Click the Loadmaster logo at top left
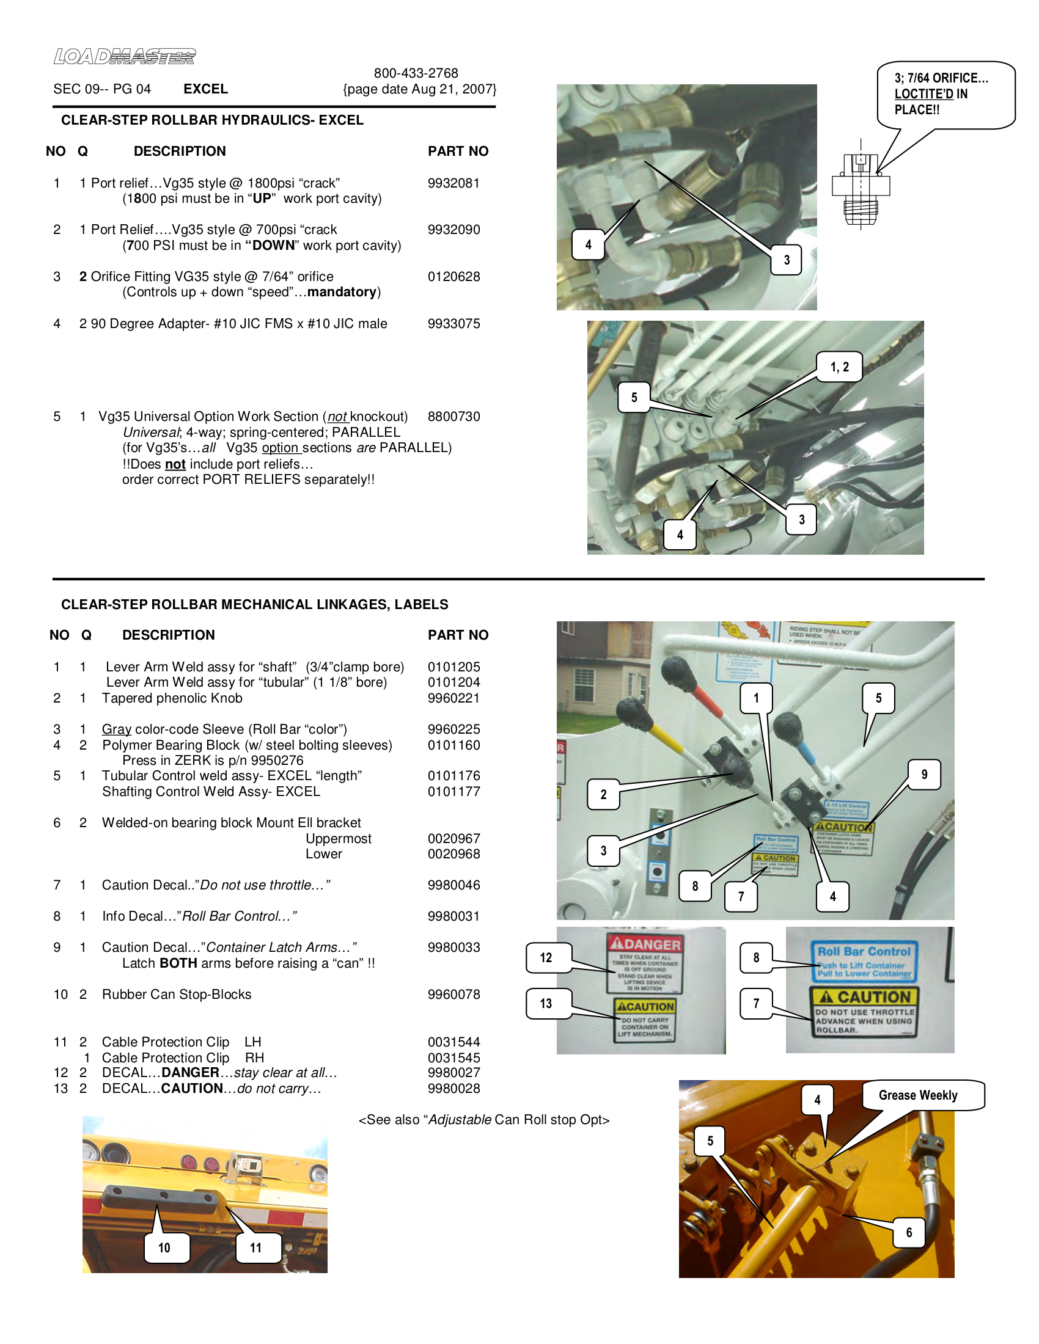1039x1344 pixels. (124, 57)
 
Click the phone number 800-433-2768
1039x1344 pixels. (416, 73)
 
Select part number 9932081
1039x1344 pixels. (453, 183)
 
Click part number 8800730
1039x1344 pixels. (453, 417)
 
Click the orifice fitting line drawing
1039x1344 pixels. (860, 187)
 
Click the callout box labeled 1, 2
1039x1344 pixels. (839, 367)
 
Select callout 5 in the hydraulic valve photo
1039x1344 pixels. (634, 398)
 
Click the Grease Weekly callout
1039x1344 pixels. (918, 1095)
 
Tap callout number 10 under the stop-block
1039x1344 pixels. (164, 1248)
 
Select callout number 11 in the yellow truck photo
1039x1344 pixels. (256, 1248)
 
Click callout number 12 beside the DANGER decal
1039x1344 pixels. (546, 957)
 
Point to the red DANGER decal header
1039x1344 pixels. (644, 944)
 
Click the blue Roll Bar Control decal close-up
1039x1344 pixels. (864, 961)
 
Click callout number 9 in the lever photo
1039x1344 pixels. (924, 774)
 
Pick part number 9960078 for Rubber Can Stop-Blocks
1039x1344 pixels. (453, 995)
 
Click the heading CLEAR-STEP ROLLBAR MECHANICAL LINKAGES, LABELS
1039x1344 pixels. (254, 604)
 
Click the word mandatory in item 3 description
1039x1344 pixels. (342, 292)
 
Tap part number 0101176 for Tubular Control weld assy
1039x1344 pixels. (453, 776)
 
